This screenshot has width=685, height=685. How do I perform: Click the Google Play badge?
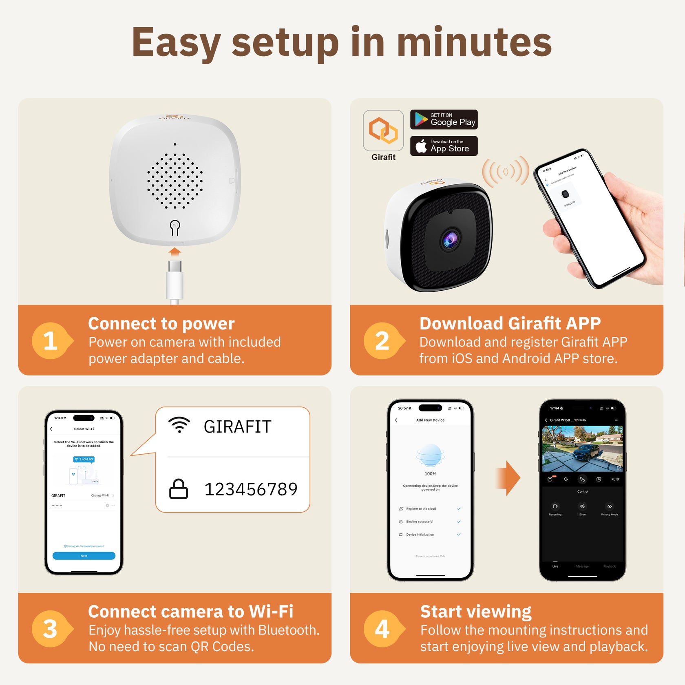444,119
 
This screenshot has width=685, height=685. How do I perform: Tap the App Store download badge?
444,146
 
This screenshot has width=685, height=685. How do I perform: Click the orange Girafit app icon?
383,130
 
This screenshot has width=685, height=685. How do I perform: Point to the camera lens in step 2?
450,240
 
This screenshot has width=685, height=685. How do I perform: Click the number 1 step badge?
51,340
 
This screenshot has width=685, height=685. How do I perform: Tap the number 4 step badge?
382,628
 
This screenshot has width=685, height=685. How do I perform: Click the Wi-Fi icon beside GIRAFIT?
179,425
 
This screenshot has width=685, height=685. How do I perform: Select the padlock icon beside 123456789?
179,489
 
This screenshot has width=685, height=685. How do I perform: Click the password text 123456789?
251,489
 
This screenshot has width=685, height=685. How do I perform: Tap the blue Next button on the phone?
84,556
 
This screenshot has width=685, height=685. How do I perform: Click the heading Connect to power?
161,323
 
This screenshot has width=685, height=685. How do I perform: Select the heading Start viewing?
476,611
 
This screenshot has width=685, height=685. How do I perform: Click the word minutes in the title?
474,42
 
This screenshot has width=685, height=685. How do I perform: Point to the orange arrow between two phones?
508,478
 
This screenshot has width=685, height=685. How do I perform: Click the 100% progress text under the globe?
430,474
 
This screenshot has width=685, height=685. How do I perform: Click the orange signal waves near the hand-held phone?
506,171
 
